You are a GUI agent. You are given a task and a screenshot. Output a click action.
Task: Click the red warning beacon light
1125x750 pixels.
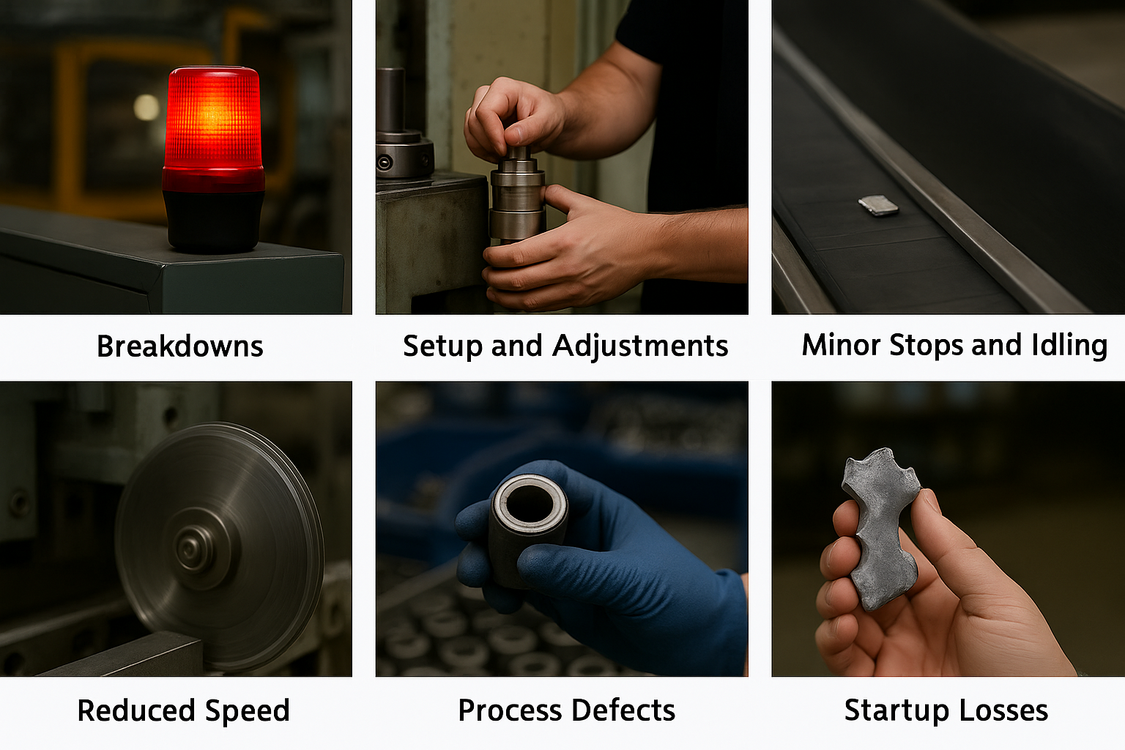(213, 128)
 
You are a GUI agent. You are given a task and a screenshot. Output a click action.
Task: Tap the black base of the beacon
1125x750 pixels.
(213, 221)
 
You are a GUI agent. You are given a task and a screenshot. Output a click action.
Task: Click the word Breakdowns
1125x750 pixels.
(179, 346)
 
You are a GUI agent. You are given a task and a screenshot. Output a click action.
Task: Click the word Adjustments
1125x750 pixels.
(640, 346)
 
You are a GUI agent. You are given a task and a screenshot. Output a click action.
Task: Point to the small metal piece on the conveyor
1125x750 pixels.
(878, 206)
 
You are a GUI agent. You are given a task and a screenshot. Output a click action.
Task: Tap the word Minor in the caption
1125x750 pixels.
(841, 345)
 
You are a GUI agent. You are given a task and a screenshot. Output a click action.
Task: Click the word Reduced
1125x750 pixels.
(136, 710)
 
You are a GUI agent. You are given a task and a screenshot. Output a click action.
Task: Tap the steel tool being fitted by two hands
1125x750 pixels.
(517, 193)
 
